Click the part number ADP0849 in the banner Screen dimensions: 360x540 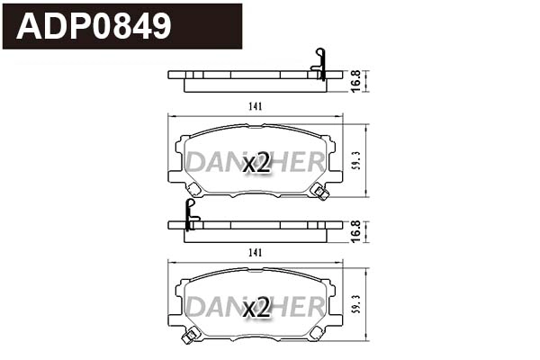[x=94, y=26]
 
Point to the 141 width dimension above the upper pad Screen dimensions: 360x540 [x=255, y=106]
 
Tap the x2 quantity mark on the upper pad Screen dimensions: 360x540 [x=256, y=163]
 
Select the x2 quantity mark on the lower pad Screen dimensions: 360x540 [x=256, y=309]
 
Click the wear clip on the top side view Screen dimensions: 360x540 [x=317, y=63]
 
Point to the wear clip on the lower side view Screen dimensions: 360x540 [x=190, y=214]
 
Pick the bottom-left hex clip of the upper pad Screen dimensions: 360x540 [x=192, y=188]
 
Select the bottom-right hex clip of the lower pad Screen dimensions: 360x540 [x=316, y=333]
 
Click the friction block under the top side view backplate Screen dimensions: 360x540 [x=252, y=86]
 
